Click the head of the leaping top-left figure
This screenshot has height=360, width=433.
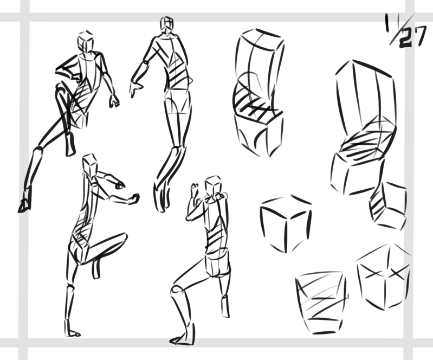coord(85,41)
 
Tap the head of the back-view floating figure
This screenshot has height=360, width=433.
coord(167,23)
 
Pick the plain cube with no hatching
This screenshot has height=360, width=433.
coord(286,224)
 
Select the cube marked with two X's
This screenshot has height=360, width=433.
coord(383,277)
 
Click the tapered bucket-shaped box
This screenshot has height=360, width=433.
coord(321,303)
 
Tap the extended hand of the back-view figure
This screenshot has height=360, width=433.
coord(135,88)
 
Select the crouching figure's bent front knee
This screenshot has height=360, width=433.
coord(176,290)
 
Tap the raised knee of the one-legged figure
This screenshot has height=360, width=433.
coord(123,238)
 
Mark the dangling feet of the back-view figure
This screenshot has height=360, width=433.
coord(162,197)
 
